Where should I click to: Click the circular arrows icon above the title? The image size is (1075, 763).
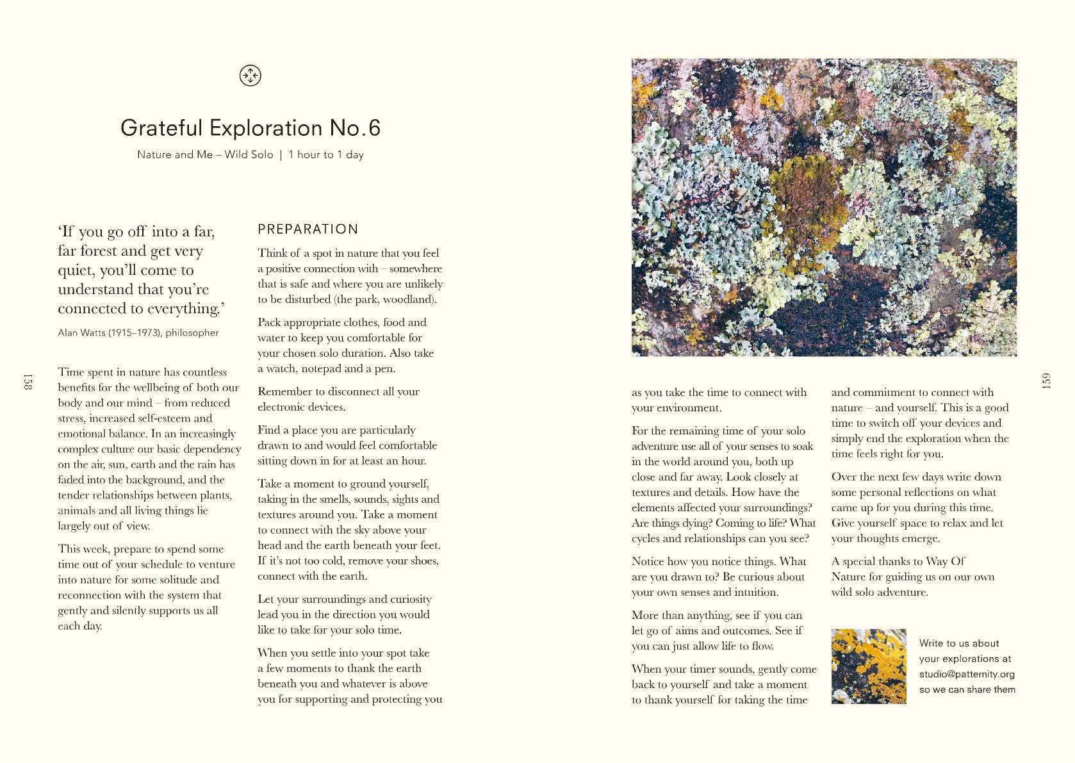point(250,76)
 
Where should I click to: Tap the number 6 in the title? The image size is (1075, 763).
point(375,128)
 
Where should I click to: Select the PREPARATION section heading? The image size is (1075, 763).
point(308,229)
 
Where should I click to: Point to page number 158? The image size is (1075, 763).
point(28,381)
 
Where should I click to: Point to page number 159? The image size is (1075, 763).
point(1046,381)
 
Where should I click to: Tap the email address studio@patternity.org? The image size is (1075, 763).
point(967,674)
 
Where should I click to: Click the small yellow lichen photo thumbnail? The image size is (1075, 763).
point(868,666)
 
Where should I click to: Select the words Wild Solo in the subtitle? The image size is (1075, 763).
point(249,155)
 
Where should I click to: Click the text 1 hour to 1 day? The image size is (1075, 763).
point(326,155)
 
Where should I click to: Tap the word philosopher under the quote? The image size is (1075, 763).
point(192,333)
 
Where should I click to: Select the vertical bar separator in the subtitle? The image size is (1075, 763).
point(281,155)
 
